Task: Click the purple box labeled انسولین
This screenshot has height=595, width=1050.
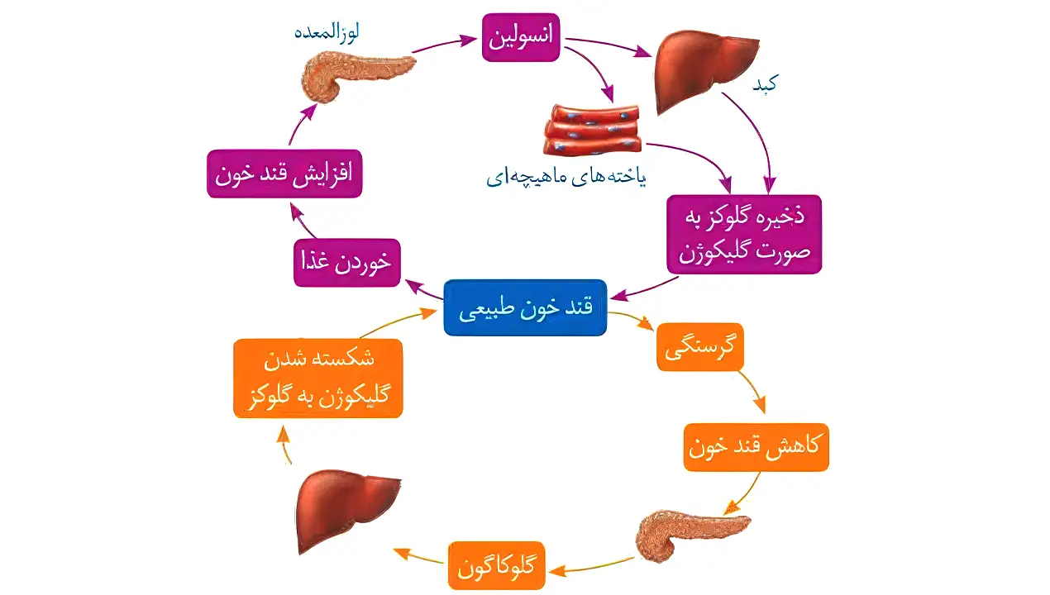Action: coord(521,37)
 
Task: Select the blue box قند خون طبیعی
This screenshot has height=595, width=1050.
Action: coord(525,307)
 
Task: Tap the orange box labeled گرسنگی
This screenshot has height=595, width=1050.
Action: coord(699,347)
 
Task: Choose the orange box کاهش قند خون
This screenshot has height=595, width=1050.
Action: coord(756,447)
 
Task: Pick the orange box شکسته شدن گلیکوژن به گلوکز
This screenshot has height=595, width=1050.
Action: coord(318,378)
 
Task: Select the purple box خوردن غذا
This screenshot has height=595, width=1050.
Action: coord(346,263)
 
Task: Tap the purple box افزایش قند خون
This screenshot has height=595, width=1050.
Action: coord(284,173)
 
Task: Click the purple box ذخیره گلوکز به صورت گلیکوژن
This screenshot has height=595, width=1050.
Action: coord(744,234)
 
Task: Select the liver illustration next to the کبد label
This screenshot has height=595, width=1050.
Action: coord(706,71)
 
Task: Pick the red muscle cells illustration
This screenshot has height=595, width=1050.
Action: coord(592,130)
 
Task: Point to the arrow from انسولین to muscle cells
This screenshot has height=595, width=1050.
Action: coord(600,78)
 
